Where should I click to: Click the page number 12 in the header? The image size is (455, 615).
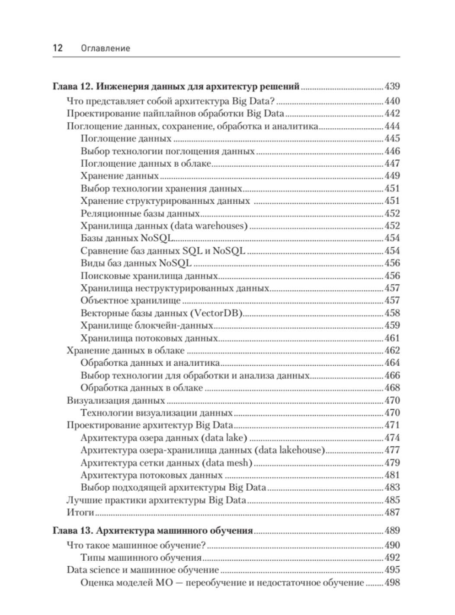click(58, 48)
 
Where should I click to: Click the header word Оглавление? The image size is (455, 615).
click(106, 48)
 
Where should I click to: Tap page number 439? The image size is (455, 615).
click(392, 86)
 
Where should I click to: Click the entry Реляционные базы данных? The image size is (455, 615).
click(140, 213)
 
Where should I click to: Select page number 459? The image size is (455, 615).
click(392, 326)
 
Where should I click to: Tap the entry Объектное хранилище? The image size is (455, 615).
click(130, 301)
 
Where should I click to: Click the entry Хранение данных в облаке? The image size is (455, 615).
click(125, 351)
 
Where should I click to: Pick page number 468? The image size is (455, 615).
click(392, 388)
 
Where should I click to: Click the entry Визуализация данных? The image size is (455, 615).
click(115, 400)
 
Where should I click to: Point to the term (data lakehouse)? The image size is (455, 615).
click(289, 450)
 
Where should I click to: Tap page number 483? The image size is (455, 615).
click(392, 488)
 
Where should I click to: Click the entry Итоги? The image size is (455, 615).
click(80, 513)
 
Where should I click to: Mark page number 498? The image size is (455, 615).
click(392, 583)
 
